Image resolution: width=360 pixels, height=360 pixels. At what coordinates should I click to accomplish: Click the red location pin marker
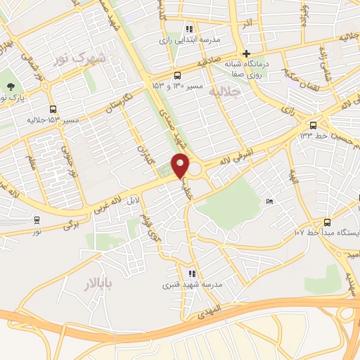181,166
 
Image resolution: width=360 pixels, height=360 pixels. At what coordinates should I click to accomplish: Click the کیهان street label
144,141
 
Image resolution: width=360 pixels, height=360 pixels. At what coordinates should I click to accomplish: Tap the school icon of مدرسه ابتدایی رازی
188,30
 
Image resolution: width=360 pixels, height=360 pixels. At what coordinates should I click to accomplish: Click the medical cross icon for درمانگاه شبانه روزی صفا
246,53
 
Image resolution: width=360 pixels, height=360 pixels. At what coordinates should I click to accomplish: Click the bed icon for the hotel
270,202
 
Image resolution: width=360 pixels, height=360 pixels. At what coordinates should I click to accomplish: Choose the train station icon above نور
36,219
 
